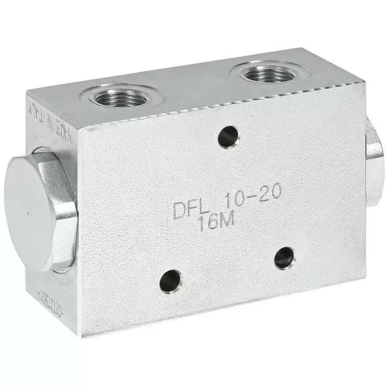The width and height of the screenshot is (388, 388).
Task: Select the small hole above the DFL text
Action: (228, 137)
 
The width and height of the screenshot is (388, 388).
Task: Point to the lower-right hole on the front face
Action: (285, 258)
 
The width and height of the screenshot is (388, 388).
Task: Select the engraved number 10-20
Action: (252, 198)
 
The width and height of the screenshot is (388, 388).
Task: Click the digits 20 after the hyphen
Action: (270, 195)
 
